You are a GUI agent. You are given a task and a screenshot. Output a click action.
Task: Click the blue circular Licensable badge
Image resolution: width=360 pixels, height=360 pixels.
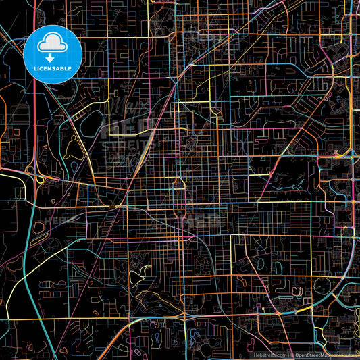click(52, 54)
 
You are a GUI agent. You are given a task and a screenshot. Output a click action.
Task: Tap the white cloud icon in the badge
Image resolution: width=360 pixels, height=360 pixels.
click(52, 43)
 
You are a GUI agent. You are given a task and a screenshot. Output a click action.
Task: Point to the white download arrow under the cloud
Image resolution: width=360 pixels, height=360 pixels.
click(52, 57)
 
